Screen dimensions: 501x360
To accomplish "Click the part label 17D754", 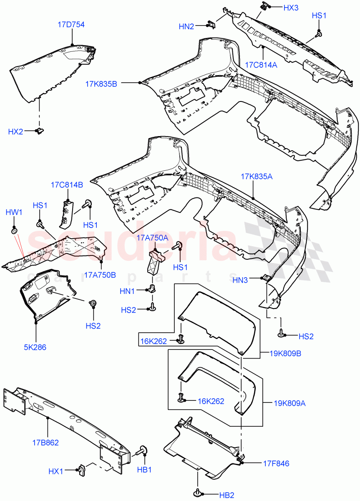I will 71,25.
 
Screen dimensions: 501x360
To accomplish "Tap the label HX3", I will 291,8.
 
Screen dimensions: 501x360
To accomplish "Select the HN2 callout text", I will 186,27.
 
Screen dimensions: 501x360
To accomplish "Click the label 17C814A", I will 261,65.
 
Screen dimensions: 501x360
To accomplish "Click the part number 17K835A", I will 256,177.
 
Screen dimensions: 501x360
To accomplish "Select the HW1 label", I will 14,213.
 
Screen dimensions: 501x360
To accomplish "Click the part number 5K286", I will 36,347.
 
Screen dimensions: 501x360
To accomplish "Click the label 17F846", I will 276,463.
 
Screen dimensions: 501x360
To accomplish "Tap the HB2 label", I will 227,495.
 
